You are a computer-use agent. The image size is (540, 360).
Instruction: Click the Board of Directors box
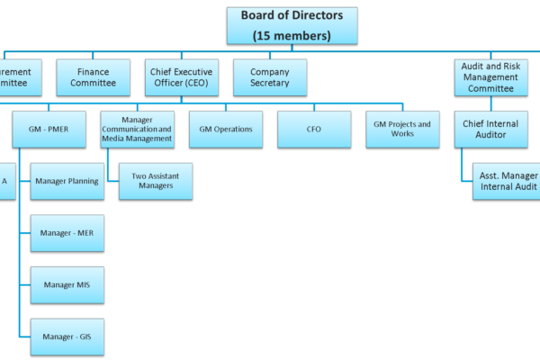(x=292, y=25)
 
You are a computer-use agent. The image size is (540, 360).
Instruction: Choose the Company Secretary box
(x=269, y=77)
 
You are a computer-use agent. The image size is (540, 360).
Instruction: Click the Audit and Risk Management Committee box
(x=490, y=77)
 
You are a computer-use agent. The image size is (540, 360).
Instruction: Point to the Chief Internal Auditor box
(x=490, y=129)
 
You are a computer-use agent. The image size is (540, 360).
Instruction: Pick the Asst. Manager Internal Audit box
(x=506, y=181)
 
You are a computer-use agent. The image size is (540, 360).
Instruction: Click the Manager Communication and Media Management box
(x=137, y=129)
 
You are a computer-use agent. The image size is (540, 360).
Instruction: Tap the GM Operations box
(x=225, y=129)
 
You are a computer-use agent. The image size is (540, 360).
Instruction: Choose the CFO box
(x=313, y=129)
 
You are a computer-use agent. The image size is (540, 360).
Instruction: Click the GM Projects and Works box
(x=401, y=129)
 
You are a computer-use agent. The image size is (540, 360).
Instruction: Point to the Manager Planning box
(x=67, y=181)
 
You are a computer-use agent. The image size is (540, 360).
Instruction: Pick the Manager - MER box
(x=67, y=233)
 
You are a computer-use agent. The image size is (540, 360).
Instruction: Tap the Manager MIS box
(x=67, y=285)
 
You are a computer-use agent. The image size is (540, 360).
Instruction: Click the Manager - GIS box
(x=67, y=337)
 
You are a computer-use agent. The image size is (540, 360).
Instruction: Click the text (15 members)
(x=292, y=35)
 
